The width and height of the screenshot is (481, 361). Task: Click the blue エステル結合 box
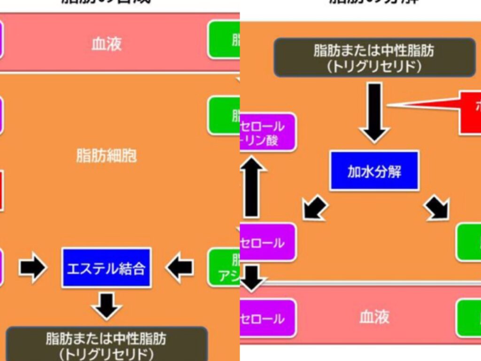[106, 267]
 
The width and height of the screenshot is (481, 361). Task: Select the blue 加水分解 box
[374, 171]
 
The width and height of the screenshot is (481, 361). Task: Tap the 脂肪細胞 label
[106, 156]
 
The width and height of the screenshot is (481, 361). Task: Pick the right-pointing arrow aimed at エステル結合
[32, 268]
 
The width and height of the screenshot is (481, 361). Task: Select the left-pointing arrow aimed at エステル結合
[179, 268]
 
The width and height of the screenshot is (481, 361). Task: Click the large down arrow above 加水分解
[375, 112]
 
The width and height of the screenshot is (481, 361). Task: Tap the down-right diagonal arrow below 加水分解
[437, 208]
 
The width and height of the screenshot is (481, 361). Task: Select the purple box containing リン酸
[267, 132]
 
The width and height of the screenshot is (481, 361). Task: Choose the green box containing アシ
[225, 268]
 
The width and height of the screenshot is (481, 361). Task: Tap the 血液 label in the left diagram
[106, 44]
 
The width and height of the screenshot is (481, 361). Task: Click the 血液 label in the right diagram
[374, 318]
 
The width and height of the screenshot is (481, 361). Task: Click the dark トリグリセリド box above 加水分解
[374, 57]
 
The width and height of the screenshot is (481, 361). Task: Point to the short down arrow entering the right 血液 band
[252, 278]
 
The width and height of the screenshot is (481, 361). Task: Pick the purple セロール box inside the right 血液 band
[267, 318]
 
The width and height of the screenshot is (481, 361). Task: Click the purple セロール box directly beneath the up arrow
[267, 243]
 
